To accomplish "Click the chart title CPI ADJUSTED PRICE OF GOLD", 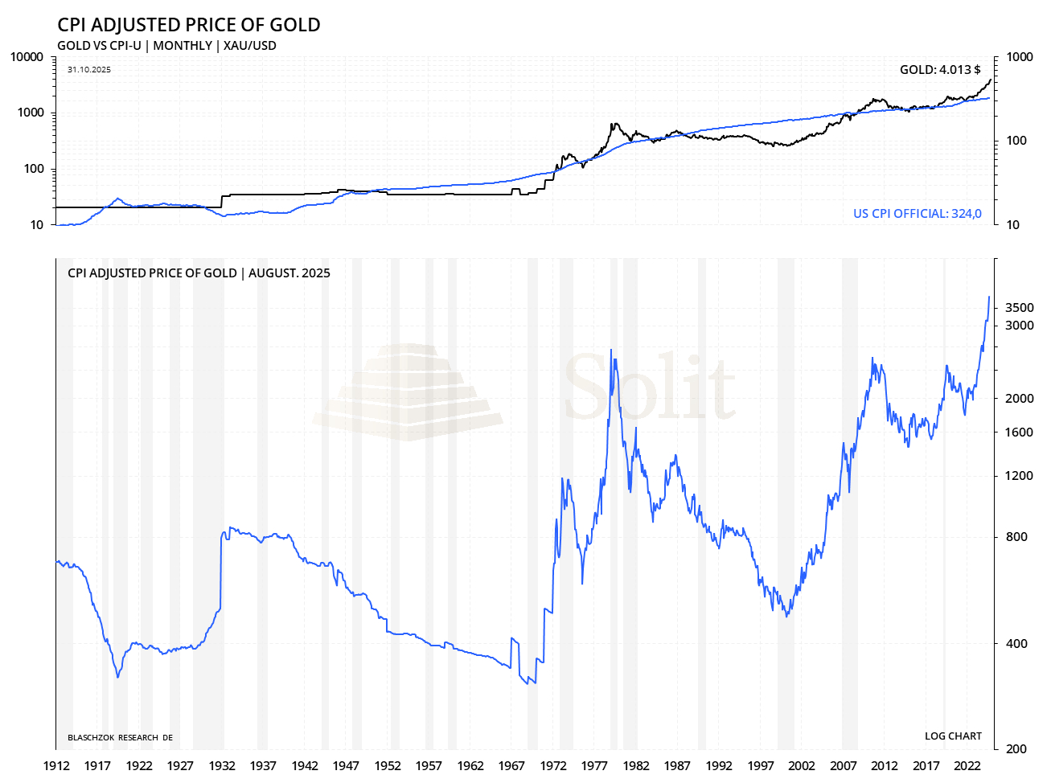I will coord(189,25).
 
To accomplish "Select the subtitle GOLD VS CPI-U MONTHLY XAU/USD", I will coord(166,46).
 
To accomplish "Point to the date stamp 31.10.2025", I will coord(89,70).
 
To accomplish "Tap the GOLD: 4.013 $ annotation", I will coord(940,70).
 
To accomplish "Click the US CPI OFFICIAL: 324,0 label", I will coord(917,214).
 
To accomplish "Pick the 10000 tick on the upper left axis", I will coord(27,57).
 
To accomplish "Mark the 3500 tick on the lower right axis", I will coord(1020,308).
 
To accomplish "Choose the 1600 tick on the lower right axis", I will coord(1020,432).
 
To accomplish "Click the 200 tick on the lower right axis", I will coord(1016,749).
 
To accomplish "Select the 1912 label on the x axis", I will coord(55,766).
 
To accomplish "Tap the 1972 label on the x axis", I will coord(553,766).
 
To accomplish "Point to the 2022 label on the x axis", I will coord(967,766).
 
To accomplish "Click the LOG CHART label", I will coord(953,736).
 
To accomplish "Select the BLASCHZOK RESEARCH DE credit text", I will coord(120,738).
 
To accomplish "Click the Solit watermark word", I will coord(650,387).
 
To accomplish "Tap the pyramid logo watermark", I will coord(408,392).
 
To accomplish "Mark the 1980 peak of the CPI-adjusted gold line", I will coord(611,351).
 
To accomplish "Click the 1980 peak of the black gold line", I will coord(613,124).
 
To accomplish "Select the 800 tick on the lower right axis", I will coord(1016,537).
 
